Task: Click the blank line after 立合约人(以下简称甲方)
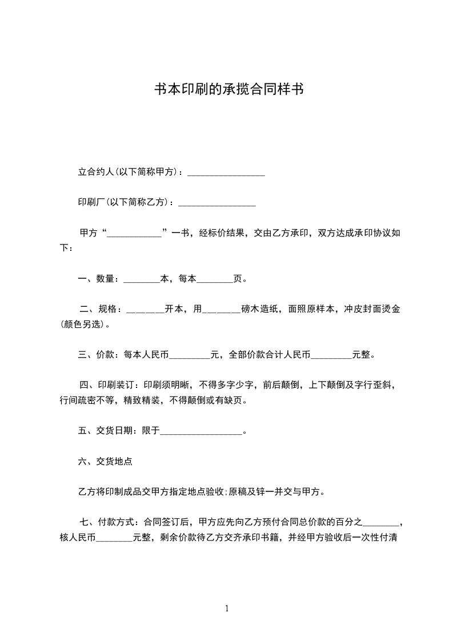(x=226, y=172)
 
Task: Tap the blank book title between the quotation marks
(x=135, y=233)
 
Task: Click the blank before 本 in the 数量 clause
(x=141, y=279)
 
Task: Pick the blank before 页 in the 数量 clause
(x=215, y=279)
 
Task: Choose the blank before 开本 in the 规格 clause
(x=145, y=310)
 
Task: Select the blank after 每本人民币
(x=190, y=355)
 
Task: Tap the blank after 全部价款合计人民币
(x=331, y=355)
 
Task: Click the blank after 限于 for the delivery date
(x=202, y=432)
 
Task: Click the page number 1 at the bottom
(x=227, y=608)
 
